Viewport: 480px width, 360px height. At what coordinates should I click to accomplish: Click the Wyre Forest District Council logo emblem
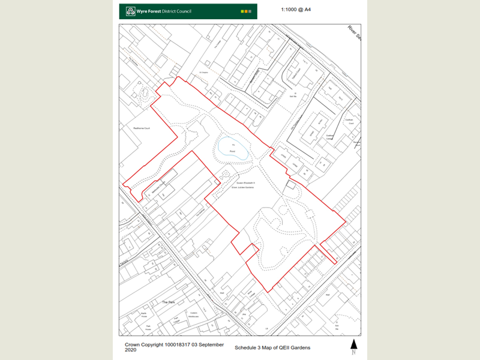pos(130,11)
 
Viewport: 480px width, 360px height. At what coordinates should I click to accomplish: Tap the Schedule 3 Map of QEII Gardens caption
pos(273,347)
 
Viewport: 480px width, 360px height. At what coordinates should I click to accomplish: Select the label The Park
pos(169,302)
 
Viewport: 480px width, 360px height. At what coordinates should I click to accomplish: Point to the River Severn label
pos(352,32)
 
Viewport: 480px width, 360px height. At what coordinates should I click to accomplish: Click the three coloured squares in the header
pos(246,11)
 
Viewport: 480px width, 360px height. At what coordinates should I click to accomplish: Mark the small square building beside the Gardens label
pos(290,185)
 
